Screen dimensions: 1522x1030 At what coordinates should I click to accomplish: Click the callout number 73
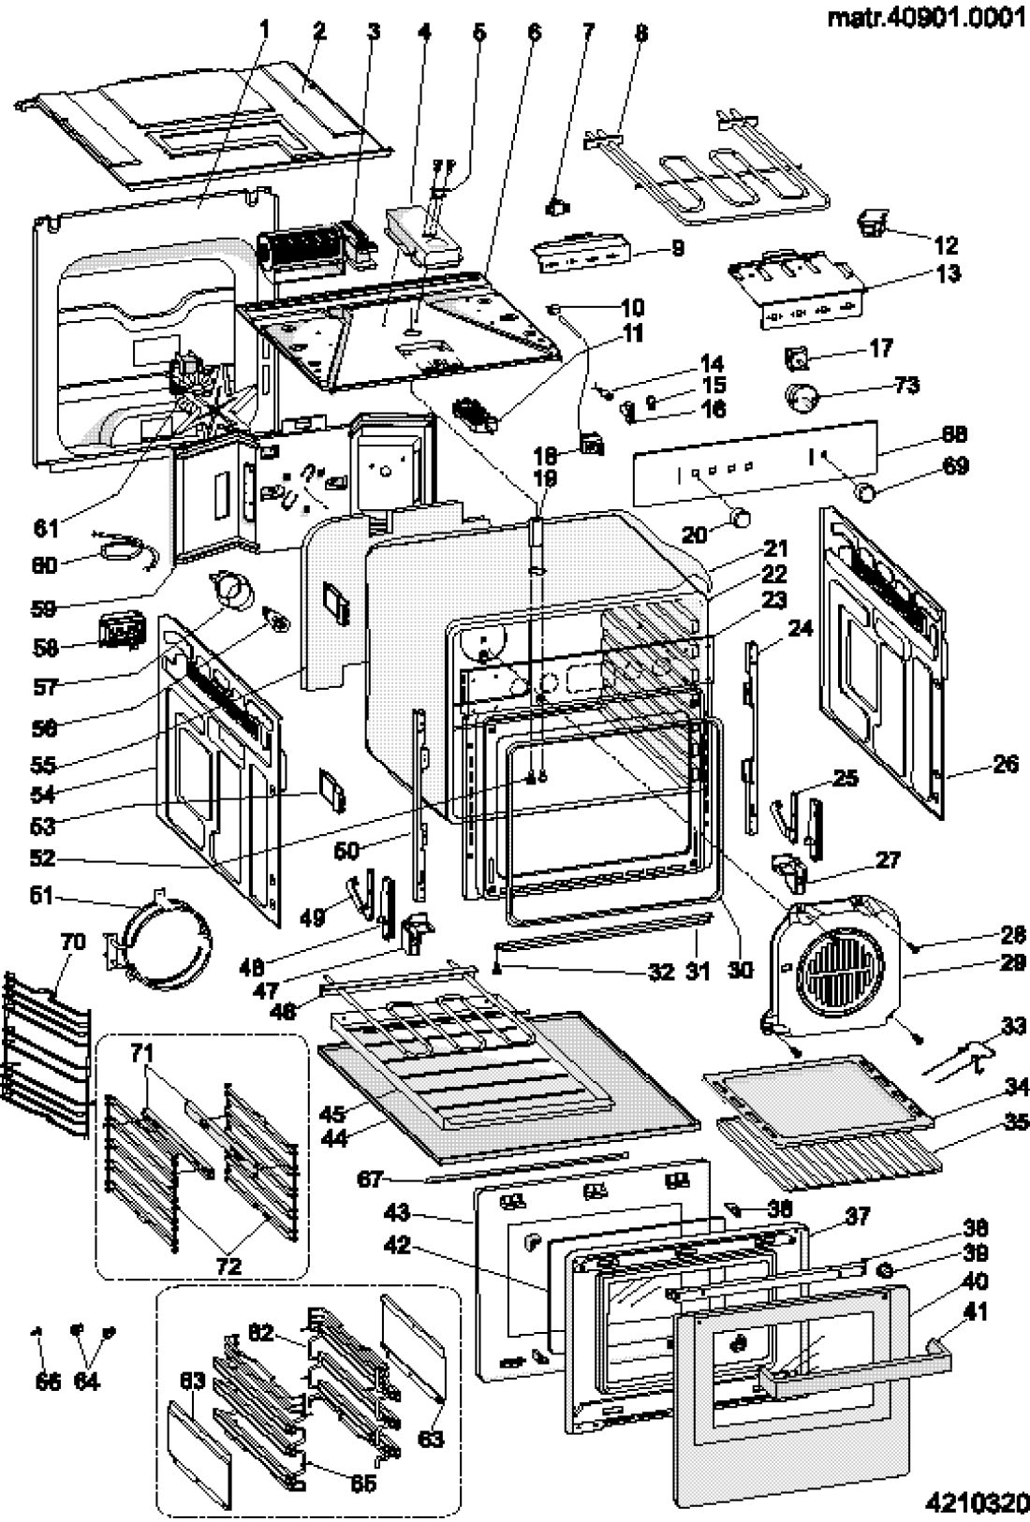905,385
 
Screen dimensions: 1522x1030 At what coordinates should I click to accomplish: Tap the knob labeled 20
742,515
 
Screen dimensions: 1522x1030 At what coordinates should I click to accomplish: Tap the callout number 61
46,529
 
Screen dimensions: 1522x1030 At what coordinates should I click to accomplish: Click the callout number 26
1005,765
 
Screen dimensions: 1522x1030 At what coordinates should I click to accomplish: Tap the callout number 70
72,943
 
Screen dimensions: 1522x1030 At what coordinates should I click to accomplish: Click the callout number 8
640,33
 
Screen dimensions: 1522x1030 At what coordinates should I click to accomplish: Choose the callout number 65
364,1458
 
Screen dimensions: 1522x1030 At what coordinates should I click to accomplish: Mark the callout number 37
857,1217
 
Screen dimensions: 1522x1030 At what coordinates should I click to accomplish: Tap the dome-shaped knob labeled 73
802,398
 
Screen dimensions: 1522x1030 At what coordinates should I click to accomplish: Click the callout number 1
263,31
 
